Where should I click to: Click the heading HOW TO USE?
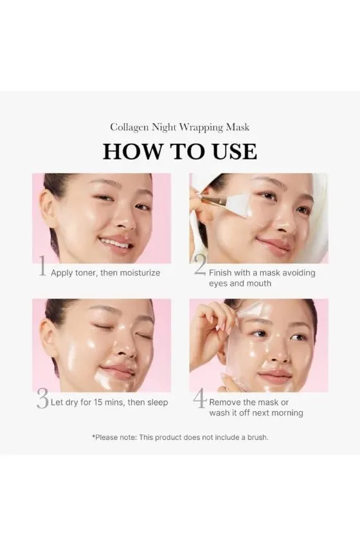point(180,152)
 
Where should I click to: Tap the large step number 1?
point(42,266)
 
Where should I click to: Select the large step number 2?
point(200,266)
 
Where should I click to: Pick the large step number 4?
point(200,398)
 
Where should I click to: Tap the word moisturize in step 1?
point(140,272)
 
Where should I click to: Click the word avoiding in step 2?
point(299,272)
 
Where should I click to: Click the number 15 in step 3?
point(98,403)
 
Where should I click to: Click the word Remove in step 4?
point(225,403)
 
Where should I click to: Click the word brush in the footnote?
point(257,437)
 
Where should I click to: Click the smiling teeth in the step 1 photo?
point(116,243)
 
